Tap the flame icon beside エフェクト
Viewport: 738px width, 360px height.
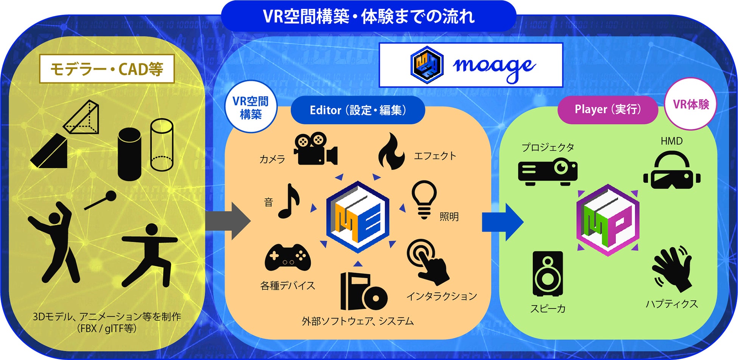pyautogui.click(x=391, y=151)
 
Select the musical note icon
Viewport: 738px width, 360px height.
pyautogui.click(x=289, y=201)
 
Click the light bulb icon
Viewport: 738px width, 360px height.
pyautogui.click(x=424, y=199)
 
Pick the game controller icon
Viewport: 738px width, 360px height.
pyautogui.click(x=288, y=258)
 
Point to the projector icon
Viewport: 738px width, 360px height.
pyautogui.click(x=548, y=172)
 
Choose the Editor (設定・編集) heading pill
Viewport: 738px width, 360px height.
pyautogui.click(x=358, y=110)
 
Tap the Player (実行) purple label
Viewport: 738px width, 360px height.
pyautogui.click(x=607, y=109)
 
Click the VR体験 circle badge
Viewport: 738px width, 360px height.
pyautogui.click(x=691, y=104)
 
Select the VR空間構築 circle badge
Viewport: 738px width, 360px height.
pyautogui.click(x=251, y=107)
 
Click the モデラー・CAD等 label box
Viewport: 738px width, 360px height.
pyautogui.click(x=107, y=69)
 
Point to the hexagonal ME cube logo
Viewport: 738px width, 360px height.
pyautogui.click(x=358, y=217)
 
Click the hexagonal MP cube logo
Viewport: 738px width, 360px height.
pyautogui.click(x=608, y=220)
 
